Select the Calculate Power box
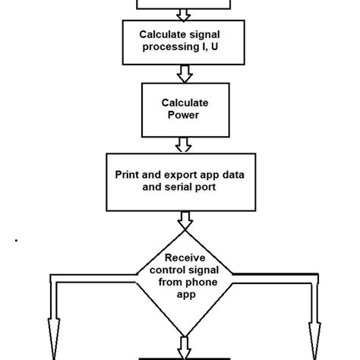(x=182, y=108)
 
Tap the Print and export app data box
(x=182, y=182)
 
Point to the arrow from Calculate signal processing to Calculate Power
(x=182, y=73)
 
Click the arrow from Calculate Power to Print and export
(x=182, y=144)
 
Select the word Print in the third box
(x=128, y=174)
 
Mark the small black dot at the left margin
(x=17, y=241)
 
